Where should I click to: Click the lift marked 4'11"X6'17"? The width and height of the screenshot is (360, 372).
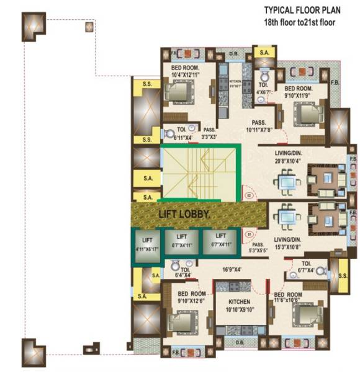147,244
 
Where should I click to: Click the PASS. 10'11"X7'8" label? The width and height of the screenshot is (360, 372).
259,127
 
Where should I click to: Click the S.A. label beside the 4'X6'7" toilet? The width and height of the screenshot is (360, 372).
264,53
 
